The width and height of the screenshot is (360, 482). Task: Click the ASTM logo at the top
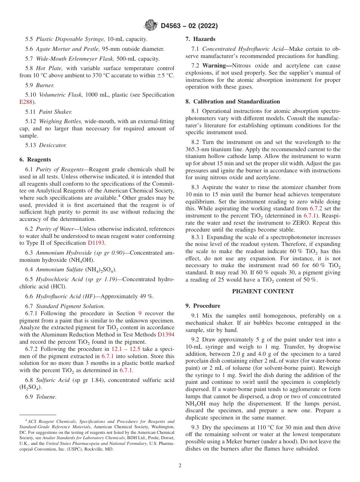[x=151, y=26]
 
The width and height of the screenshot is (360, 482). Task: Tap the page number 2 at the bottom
[x=180, y=465]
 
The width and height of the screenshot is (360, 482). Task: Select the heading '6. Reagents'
[x=35, y=160]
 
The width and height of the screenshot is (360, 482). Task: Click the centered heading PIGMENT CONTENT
[x=263, y=291]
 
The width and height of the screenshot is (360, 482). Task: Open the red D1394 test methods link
[x=166, y=335]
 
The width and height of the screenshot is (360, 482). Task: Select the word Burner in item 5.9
[x=45, y=85]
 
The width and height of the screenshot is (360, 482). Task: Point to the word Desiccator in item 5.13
[x=53, y=145]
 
